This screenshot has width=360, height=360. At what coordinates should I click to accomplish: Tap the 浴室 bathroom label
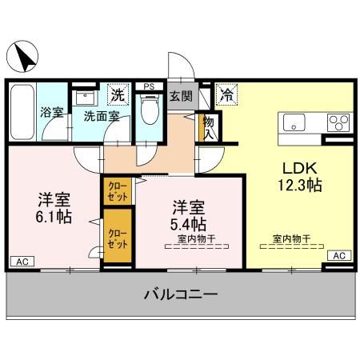[x=52, y=113]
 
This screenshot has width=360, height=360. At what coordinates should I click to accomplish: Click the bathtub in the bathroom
[x=22, y=111]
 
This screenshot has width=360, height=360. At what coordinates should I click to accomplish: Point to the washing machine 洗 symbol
[x=118, y=94]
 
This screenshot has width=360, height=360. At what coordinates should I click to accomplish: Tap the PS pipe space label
[x=148, y=86]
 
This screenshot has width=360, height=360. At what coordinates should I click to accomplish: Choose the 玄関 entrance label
[x=181, y=97]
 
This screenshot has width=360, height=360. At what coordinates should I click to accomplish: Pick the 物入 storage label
[x=209, y=128]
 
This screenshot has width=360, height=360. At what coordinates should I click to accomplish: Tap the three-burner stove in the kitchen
[x=337, y=123]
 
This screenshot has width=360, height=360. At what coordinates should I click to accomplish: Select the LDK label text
[x=299, y=169]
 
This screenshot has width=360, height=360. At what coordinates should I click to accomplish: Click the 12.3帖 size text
[x=300, y=186]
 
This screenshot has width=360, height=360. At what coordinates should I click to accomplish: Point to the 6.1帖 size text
[x=53, y=215]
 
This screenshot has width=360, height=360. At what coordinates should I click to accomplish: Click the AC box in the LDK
[x=338, y=255]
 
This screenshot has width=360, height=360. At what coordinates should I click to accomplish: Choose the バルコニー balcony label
[x=181, y=295]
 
